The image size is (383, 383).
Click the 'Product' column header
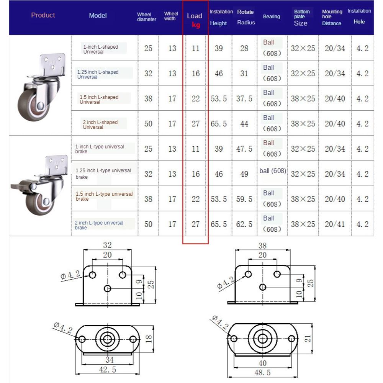[43, 15]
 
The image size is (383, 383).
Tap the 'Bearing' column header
[271, 16]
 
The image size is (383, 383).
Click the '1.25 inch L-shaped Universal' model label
[98, 74]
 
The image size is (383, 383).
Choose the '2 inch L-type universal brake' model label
[99, 225]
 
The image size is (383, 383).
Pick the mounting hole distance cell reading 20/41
[335, 224]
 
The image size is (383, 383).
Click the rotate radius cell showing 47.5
[244, 149]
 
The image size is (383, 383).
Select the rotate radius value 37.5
[244, 98]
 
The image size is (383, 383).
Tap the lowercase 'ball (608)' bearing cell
[272, 171]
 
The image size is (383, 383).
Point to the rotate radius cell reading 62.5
[244, 224]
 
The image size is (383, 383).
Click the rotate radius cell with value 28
[244, 48]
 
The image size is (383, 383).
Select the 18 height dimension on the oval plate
[149, 339]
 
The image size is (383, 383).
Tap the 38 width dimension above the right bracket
[262, 246]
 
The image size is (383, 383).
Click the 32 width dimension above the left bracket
[107, 245]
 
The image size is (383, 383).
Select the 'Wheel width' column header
[171, 16]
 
